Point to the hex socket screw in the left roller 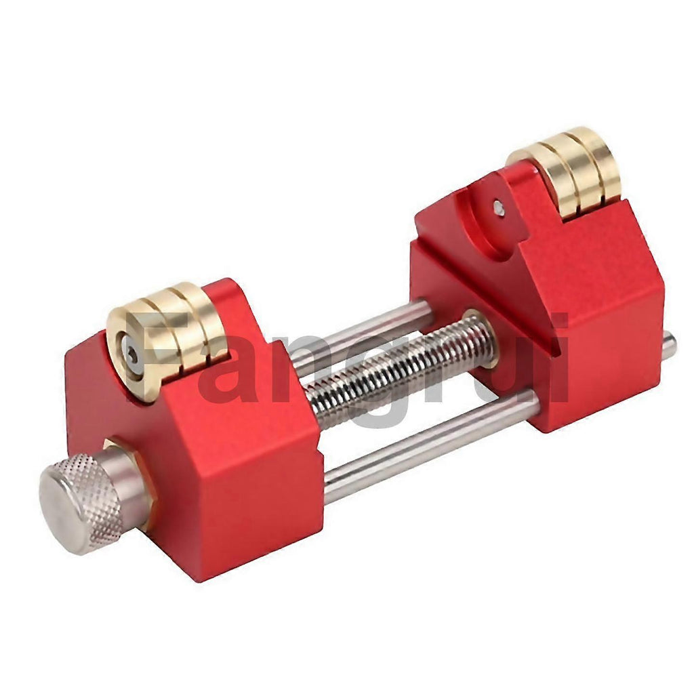[130, 354]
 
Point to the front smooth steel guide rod [432, 447]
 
